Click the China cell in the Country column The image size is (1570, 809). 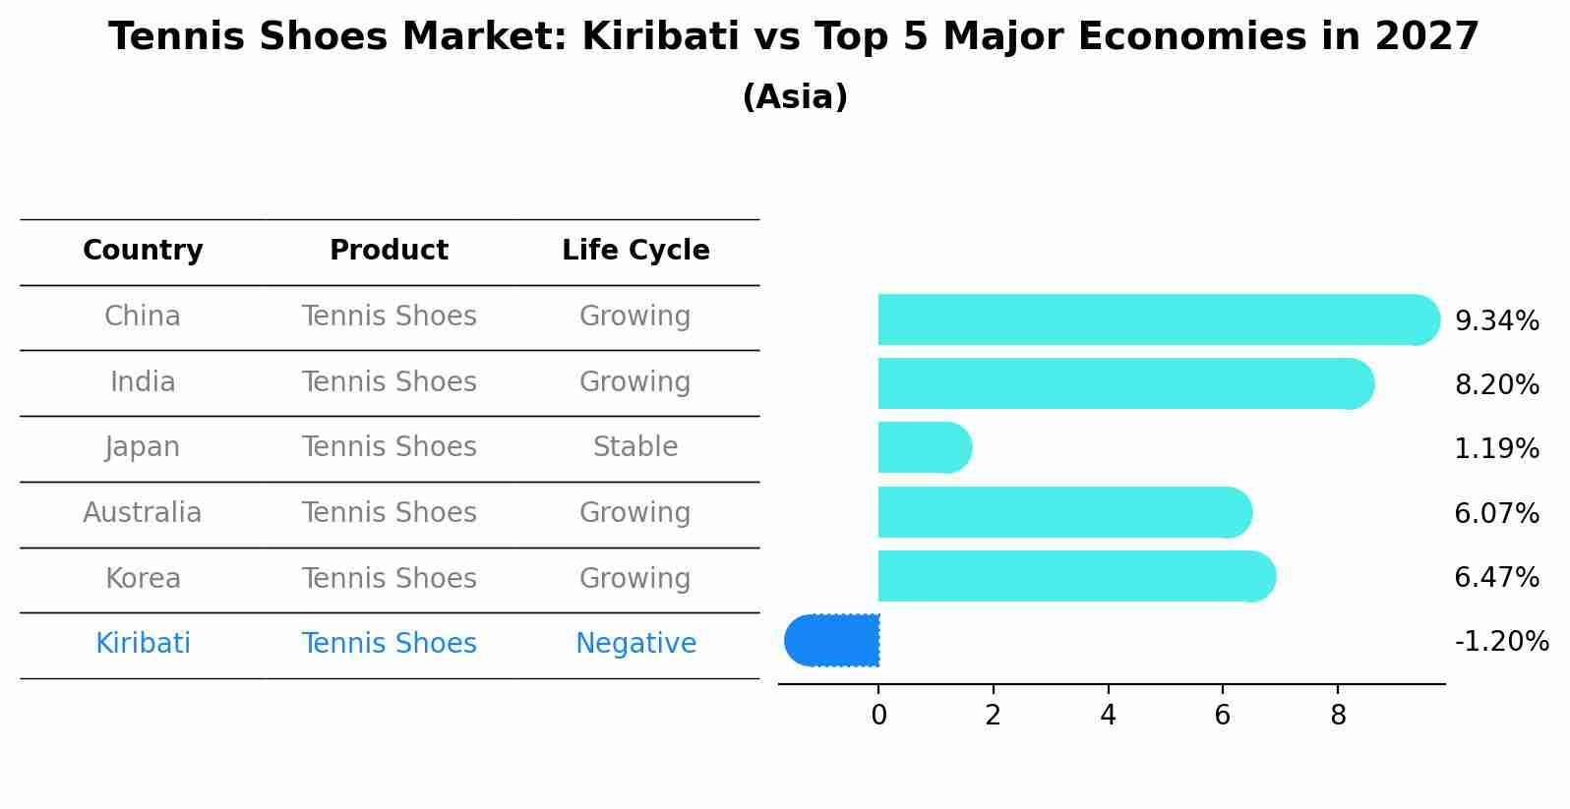pyautogui.click(x=143, y=317)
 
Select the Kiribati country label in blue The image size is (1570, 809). pyautogui.click(x=143, y=644)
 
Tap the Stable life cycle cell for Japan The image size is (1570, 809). pyautogui.click(x=635, y=447)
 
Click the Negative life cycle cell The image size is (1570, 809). pyautogui.click(x=635, y=644)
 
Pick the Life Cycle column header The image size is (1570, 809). pyautogui.click(x=635, y=251)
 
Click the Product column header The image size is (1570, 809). pyautogui.click(x=389, y=251)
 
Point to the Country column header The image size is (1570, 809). pyautogui.click(x=143, y=251)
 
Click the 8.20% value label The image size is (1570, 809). pyautogui.click(x=1496, y=385)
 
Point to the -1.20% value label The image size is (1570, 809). pyautogui.click(x=1501, y=642)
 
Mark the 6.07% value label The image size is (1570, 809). pyautogui.click(x=1496, y=514)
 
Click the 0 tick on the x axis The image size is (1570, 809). pyautogui.click(x=878, y=716)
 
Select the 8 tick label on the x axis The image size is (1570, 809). pyautogui.click(x=1338, y=716)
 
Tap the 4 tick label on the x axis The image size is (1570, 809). pyautogui.click(x=1108, y=716)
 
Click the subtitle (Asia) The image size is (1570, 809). pyautogui.click(x=795, y=97)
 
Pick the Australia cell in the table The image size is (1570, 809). pyautogui.click(x=143, y=513)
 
